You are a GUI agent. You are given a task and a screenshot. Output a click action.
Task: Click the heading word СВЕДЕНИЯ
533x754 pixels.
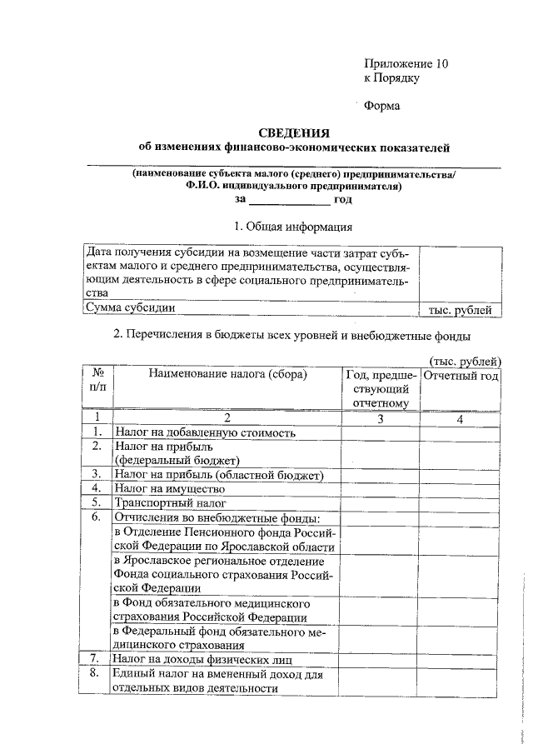[294, 132]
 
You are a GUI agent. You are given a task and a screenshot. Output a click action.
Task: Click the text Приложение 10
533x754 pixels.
[406, 63]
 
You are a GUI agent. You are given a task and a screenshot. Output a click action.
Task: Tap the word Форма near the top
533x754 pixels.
[382, 106]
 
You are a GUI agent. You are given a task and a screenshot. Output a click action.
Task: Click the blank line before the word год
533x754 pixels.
[290, 200]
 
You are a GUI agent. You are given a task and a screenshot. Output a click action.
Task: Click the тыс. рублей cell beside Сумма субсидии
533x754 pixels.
[460, 310]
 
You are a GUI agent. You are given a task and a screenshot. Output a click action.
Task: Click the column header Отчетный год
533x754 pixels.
[461, 376]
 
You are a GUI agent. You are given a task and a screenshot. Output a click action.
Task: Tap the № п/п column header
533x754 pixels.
[97, 382]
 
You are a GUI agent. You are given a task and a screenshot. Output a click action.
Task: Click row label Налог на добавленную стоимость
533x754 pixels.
[204, 432]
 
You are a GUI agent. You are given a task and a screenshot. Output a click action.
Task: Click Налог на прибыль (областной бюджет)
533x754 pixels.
[218, 474]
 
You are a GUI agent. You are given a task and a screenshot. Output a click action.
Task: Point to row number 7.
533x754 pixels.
[97, 659]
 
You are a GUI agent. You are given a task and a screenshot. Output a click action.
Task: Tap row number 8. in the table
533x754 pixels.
[97, 673]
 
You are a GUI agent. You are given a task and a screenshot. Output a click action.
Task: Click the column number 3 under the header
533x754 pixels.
[380, 418]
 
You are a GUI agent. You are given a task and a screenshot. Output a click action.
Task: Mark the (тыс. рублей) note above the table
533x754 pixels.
[465, 361]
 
